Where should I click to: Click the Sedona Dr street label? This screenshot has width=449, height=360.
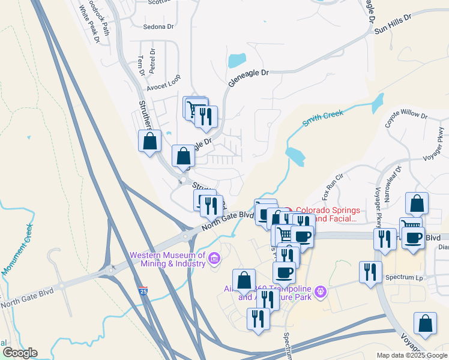158,26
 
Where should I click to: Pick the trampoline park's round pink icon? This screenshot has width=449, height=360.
322,292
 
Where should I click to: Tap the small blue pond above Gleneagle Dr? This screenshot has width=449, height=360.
237,60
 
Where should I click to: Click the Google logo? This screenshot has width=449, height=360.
20,353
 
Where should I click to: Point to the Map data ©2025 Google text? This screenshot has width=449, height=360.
412,355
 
